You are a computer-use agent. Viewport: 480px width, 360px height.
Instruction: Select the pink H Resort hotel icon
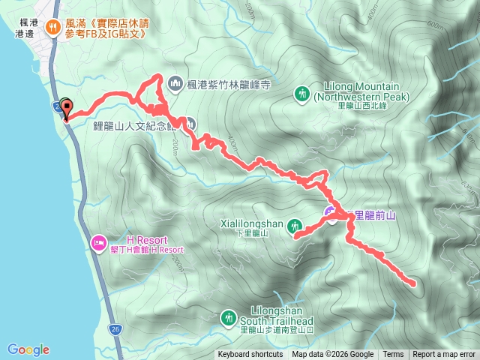(x=98, y=242)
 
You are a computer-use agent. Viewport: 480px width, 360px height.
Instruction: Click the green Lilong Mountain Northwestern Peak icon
(x=301, y=94)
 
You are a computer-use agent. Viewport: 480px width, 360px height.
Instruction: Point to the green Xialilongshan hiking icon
(x=295, y=224)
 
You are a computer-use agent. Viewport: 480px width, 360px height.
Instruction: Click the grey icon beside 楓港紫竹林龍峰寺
(x=176, y=82)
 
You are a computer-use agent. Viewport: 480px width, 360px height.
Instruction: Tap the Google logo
(x=28, y=349)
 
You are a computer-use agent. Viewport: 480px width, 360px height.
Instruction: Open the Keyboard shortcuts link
(x=250, y=355)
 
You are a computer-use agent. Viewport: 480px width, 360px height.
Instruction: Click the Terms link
(x=393, y=355)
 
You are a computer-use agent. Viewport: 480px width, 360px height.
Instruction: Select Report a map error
(x=444, y=355)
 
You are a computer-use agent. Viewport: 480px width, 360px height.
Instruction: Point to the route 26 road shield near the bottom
(x=114, y=329)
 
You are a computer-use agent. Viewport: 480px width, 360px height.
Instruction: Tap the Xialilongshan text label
(x=251, y=223)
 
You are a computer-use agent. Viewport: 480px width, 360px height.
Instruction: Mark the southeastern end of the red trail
(x=414, y=283)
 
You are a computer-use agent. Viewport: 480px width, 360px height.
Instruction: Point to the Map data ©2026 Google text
(x=333, y=355)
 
